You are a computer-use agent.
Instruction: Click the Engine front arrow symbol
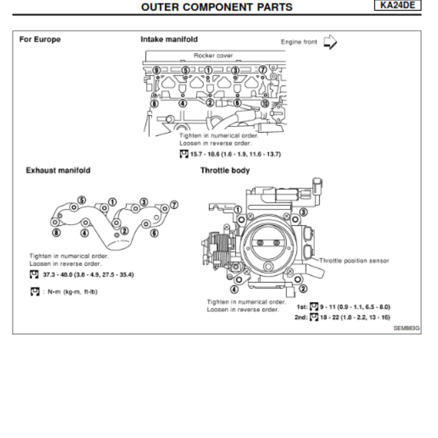[x=330, y=42]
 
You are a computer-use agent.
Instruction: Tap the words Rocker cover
[x=213, y=55]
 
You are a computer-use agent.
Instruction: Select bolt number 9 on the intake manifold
[x=157, y=70]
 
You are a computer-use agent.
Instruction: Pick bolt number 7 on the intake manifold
[x=263, y=70]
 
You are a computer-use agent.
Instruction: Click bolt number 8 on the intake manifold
[x=154, y=103]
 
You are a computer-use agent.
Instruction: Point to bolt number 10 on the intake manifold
[x=265, y=103]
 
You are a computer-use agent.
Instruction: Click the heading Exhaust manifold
[x=58, y=170]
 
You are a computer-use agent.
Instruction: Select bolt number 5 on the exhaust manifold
[x=82, y=200]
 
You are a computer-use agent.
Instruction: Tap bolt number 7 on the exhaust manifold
[x=174, y=205]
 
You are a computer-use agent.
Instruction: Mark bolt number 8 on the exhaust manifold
[x=56, y=232]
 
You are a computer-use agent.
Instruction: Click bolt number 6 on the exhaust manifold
[x=154, y=233]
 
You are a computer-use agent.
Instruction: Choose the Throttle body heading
[x=224, y=170]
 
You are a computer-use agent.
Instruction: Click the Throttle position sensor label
[x=354, y=261]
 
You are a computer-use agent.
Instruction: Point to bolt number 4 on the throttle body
[x=234, y=289]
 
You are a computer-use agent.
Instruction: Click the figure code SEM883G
[x=406, y=328]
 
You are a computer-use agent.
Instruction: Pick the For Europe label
[x=40, y=39]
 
